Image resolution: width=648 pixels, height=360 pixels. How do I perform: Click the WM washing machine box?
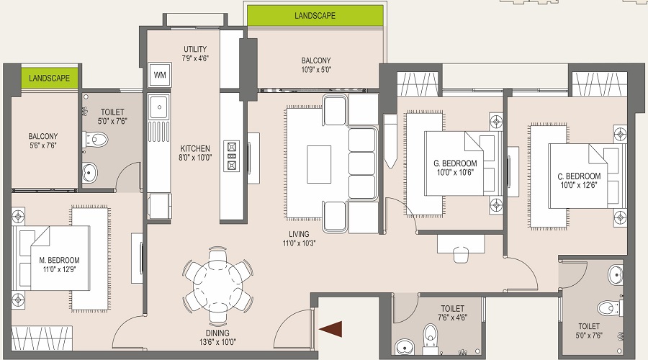coord(160,75)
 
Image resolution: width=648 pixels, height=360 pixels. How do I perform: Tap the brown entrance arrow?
coord(330,328)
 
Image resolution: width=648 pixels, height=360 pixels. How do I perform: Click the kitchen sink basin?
coord(158,107)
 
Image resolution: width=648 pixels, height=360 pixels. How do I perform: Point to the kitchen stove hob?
coord(231,156)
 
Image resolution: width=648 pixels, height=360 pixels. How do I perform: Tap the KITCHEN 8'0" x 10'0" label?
coord(195,153)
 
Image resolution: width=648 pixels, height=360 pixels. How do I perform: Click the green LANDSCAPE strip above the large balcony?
coord(315,16)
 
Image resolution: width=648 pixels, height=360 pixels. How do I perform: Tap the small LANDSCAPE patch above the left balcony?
coord(49,78)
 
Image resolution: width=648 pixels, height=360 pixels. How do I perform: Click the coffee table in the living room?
coord(319,164)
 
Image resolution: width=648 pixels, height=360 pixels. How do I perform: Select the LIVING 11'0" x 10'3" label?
coord(299,238)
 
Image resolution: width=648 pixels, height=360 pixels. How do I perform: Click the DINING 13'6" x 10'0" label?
coord(217,337)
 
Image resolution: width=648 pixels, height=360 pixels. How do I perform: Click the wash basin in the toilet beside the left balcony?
coord(89,172)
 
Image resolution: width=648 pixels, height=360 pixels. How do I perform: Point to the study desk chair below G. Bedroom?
coord(460,253)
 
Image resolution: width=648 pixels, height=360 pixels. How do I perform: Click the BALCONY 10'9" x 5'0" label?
coord(316,65)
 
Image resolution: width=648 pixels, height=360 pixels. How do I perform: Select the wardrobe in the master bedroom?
coord(42,338)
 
